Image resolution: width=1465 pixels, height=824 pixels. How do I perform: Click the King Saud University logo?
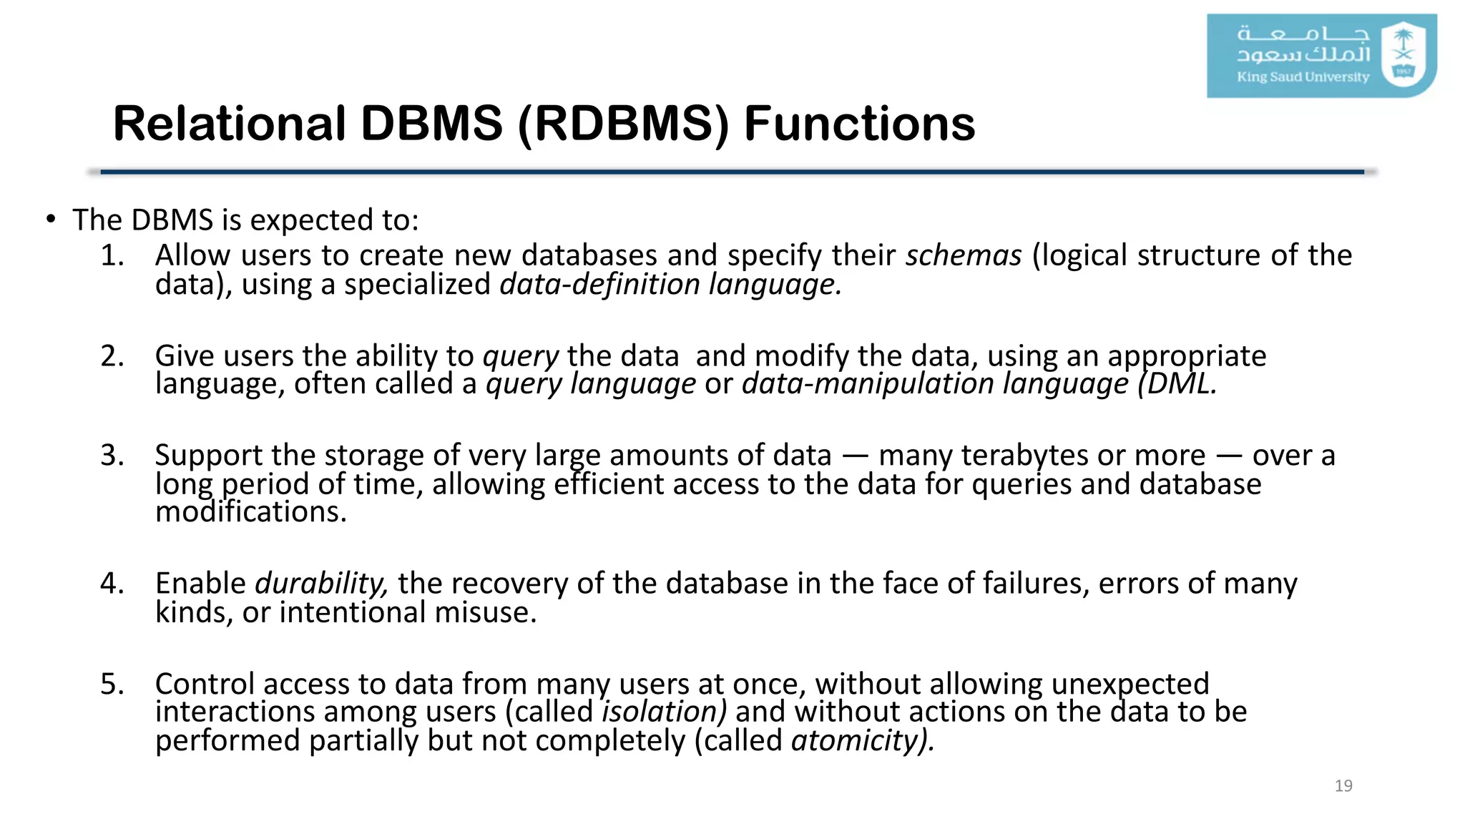(1321, 56)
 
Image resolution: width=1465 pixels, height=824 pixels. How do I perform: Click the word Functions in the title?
(859, 124)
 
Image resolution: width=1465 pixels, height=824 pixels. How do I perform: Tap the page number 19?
(1343, 785)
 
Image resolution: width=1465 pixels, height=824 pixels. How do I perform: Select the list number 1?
(112, 255)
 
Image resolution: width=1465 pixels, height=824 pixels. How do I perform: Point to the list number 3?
(112, 456)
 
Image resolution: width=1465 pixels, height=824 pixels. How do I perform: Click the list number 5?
(112, 685)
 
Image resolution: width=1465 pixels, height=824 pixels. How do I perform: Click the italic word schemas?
(964, 255)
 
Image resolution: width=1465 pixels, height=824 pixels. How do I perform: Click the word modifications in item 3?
(250, 512)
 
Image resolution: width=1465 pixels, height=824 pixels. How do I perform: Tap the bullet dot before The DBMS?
(50, 220)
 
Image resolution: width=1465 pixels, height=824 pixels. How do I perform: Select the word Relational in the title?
(230, 124)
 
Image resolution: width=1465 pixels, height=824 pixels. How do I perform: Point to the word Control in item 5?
(205, 685)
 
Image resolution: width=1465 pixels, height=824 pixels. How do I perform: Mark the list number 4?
(112, 584)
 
